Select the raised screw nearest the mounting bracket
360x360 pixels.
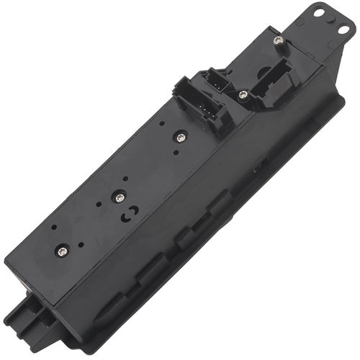pos(279,42)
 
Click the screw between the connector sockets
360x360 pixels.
pos(243,94)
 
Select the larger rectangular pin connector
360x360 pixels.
pos(198,106)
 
